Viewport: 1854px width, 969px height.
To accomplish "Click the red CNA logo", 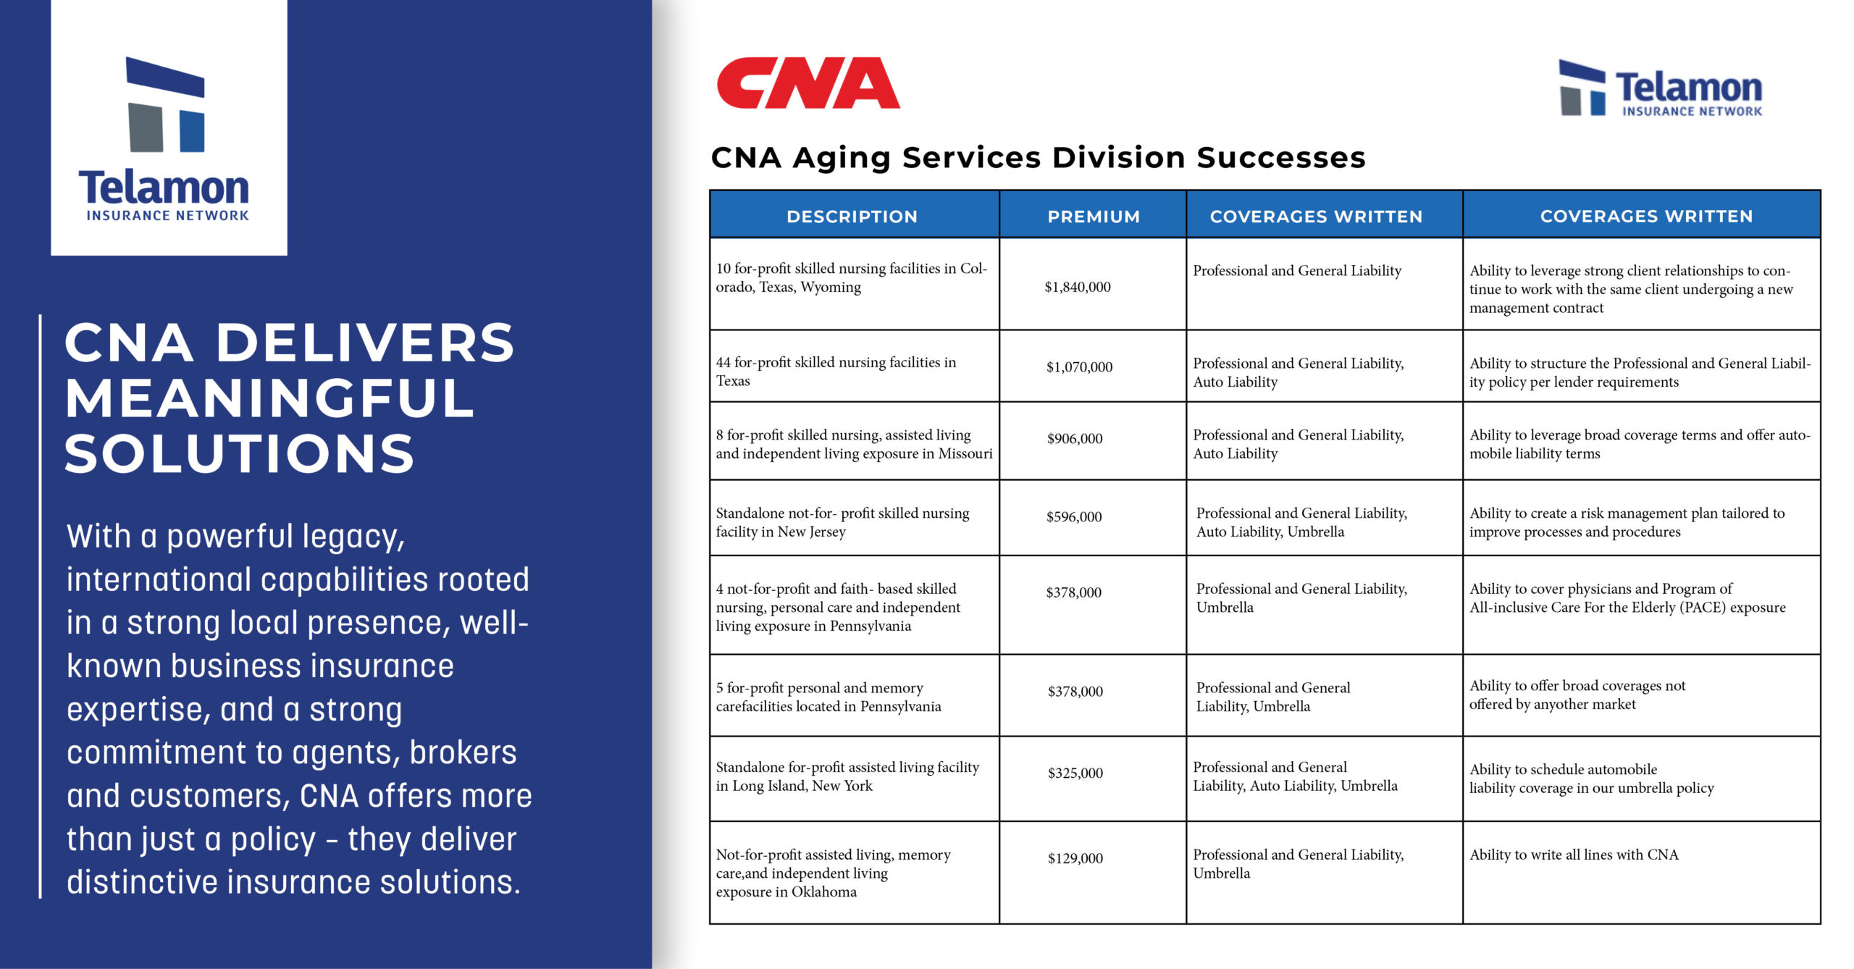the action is (808, 83).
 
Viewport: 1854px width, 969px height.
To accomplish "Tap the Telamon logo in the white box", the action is (164, 139).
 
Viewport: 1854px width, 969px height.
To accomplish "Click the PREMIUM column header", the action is (1094, 217).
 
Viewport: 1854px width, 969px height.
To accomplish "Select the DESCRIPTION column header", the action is (852, 217).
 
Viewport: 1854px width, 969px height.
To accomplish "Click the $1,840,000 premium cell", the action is (1078, 287).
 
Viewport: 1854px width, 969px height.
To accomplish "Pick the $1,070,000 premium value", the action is (1079, 367).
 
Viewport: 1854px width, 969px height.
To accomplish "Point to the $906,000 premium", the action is (1075, 439).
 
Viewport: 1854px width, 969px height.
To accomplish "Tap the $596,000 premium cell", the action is (1074, 517).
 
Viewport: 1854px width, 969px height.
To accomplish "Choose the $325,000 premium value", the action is (1075, 773).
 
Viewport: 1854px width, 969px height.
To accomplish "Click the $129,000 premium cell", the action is (1075, 859).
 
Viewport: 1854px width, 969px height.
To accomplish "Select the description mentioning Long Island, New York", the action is (847, 776).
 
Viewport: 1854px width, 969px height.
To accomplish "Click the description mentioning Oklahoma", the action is (833, 873).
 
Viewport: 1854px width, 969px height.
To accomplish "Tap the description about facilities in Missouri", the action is (854, 444).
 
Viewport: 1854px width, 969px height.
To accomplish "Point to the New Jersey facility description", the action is (842, 522).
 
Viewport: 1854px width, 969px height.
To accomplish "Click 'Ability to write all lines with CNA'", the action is (1574, 855).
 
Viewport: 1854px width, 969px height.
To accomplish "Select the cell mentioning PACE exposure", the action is (1627, 598).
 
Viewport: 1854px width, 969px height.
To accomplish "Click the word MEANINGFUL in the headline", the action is (269, 398).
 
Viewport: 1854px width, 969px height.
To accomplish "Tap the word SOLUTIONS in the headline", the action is (240, 453).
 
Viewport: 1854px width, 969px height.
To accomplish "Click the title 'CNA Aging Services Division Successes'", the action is (1039, 157).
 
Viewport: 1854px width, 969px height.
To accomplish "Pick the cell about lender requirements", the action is (1640, 372).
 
